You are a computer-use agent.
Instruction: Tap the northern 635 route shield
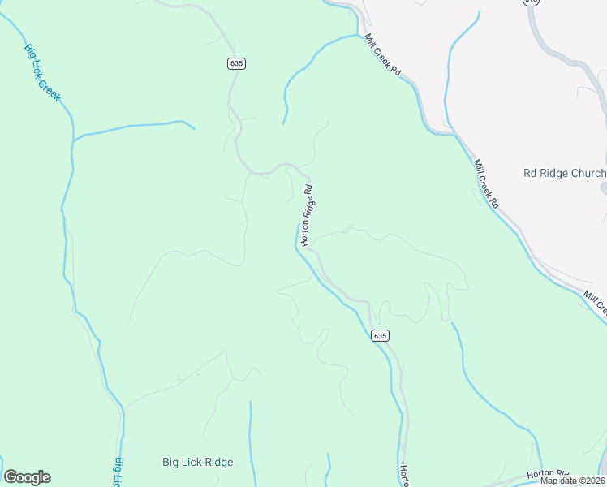pos(235,62)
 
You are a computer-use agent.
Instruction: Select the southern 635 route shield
pos(381,335)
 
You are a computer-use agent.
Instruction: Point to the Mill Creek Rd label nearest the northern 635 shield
pos(384,55)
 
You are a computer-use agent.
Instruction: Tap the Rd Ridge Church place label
pos(565,173)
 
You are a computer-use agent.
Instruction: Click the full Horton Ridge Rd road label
pos(307,214)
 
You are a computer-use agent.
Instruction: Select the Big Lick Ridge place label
pos(197,463)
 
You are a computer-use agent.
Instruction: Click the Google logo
pos(27,477)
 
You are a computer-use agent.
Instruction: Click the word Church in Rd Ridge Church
pos(588,173)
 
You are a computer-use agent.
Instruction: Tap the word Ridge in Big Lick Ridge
pos(218,463)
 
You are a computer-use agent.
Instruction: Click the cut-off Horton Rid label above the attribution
pos(549,473)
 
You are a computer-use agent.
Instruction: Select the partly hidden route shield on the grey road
pos(531,2)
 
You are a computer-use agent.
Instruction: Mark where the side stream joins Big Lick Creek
pos(73,141)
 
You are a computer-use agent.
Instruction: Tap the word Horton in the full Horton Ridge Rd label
pos(305,231)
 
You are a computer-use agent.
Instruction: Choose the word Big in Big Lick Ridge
pos(170,463)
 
